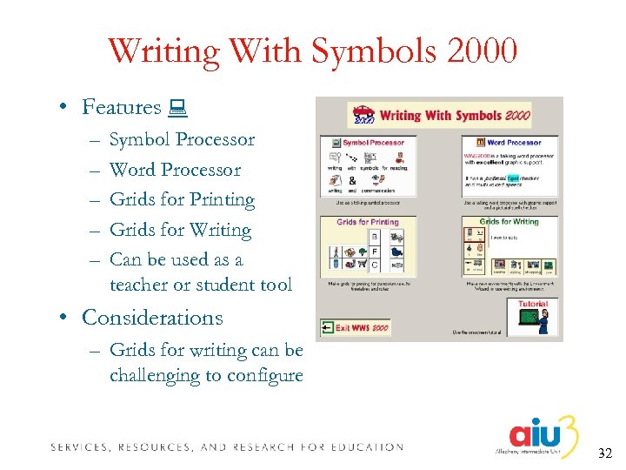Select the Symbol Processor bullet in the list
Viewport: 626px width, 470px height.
coord(182,139)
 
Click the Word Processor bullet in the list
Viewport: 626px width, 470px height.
coord(175,170)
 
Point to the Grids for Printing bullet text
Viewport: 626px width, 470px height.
coord(182,199)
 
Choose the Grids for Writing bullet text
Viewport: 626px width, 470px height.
coord(180,230)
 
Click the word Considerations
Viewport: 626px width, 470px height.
coord(152,318)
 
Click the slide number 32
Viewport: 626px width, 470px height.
coord(604,453)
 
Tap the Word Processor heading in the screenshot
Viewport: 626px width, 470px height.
coord(512,142)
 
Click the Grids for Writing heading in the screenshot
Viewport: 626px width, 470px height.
coord(509,222)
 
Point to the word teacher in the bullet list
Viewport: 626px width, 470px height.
coord(142,285)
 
